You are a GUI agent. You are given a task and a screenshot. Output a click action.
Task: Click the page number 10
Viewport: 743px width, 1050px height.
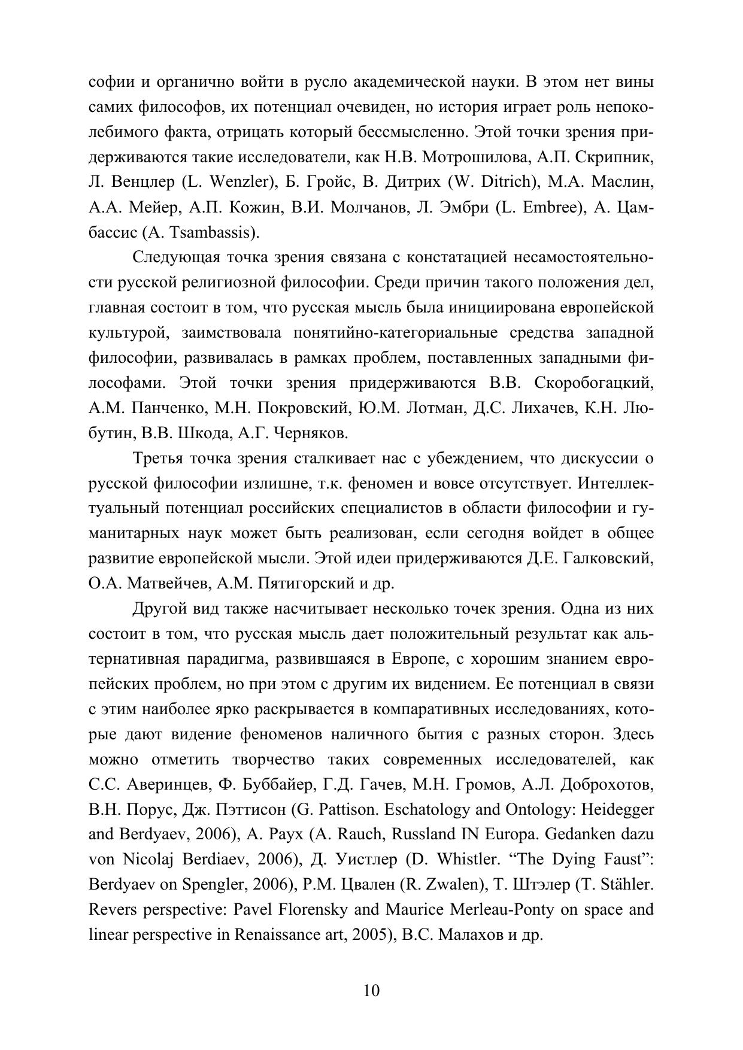(x=371, y=991)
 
